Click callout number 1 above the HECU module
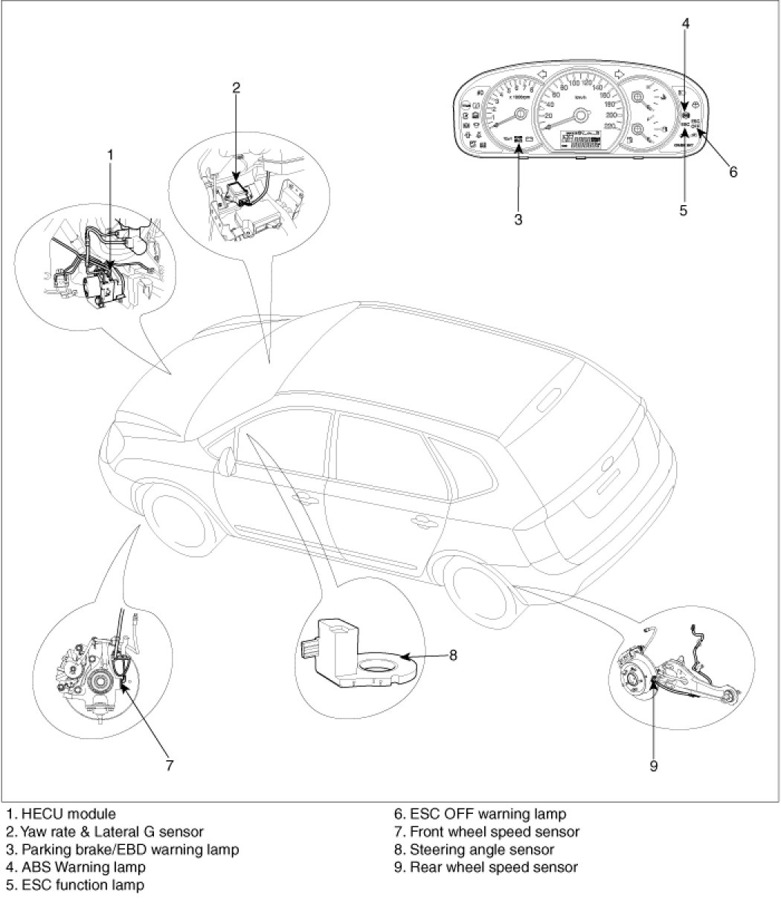point(110,155)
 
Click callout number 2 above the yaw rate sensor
point(236,88)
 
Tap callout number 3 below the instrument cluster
point(518,219)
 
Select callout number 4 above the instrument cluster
point(686,23)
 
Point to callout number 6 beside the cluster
point(733,172)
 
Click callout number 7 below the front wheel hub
point(170,764)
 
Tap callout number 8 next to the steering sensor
point(452,655)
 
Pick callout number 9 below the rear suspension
point(654,766)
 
